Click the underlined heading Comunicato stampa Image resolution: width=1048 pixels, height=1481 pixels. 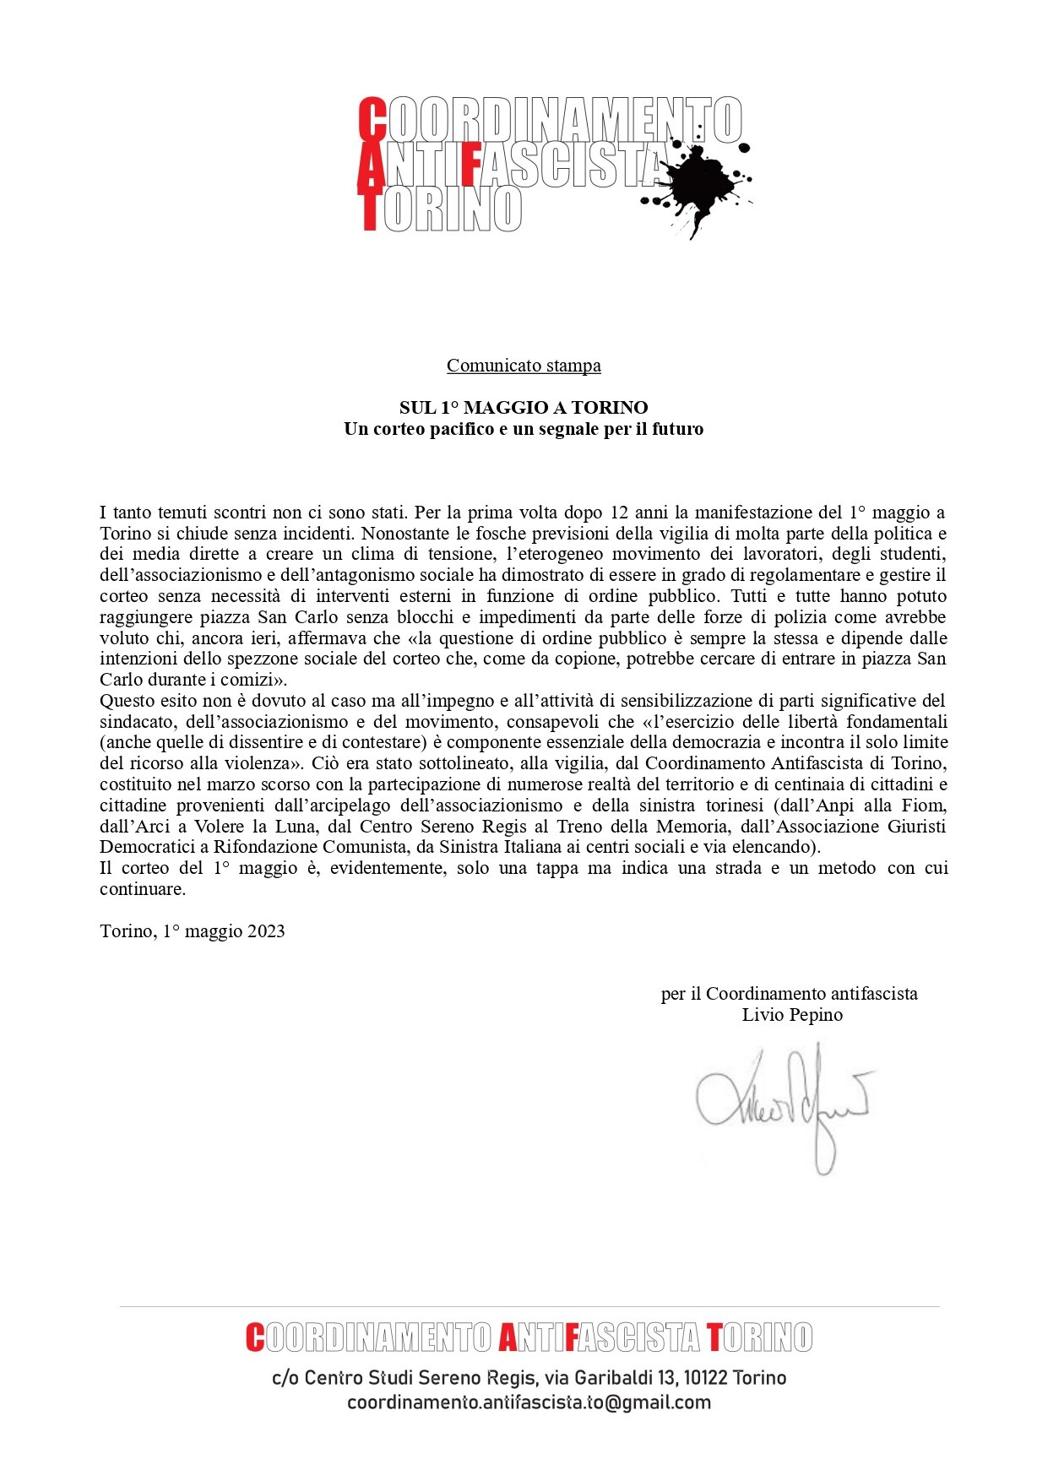coord(524,366)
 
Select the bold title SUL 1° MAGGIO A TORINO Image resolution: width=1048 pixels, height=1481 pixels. coord(524,408)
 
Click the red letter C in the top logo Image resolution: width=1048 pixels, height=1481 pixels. coord(372,119)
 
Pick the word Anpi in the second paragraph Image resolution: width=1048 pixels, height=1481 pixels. coord(836,806)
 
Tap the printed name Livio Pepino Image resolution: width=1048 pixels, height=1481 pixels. coord(792,1015)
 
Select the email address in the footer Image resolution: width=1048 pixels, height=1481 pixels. coord(529,1402)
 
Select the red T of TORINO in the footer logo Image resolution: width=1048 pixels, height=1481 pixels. coord(714,1337)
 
